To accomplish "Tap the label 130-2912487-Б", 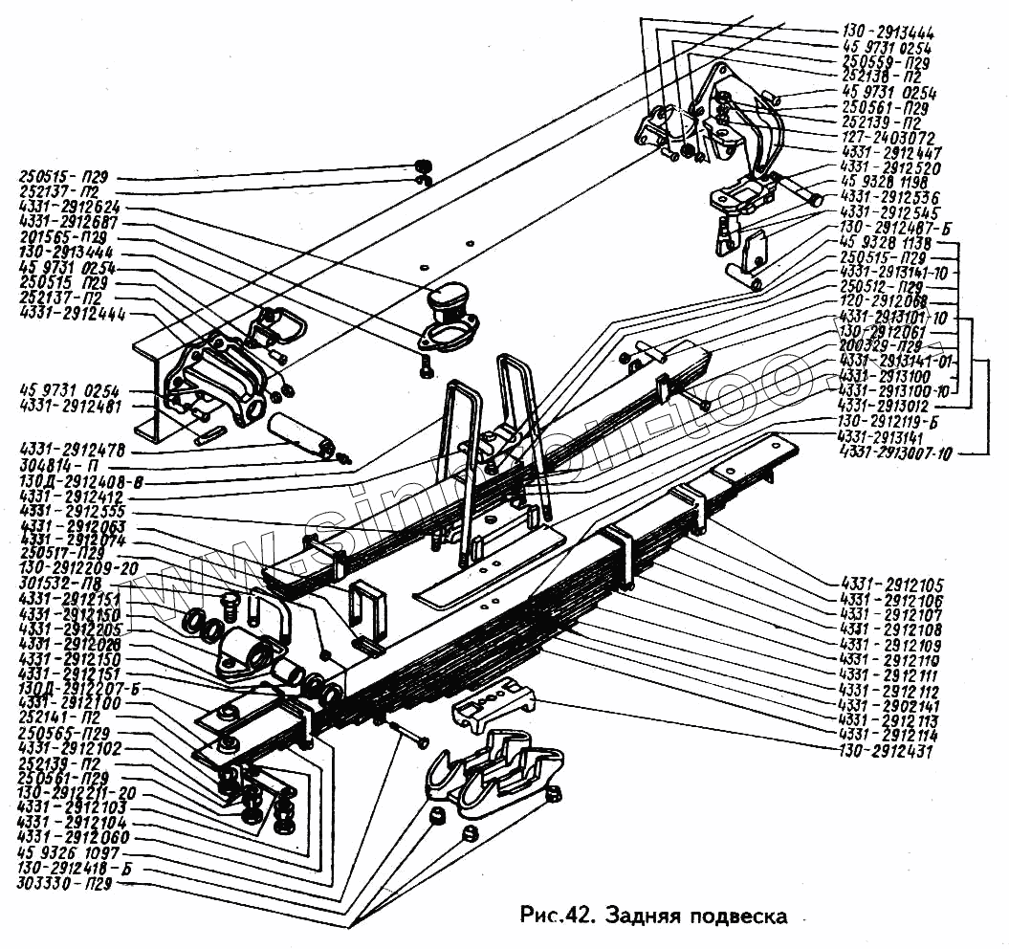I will [x=888, y=227].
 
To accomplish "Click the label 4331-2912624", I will [x=69, y=208].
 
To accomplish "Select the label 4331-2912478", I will [x=78, y=449].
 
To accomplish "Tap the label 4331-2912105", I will [x=891, y=585].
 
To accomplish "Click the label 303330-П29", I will [x=65, y=885].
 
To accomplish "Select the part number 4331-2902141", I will [x=888, y=705].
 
